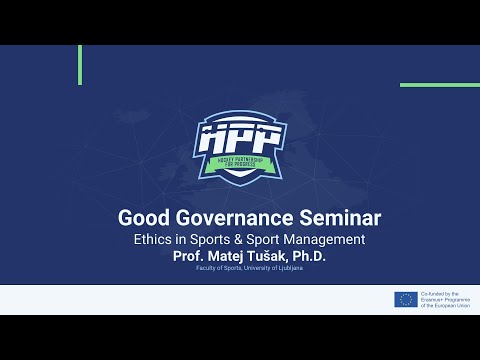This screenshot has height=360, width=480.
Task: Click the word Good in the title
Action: pyautogui.click(x=144, y=216)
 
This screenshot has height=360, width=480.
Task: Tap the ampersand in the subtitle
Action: pyautogui.click(x=238, y=240)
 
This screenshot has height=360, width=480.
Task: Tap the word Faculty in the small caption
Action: pyautogui.click(x=205, y=269)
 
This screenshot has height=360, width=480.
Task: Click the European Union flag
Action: pyautogui.click(x=405, y=299)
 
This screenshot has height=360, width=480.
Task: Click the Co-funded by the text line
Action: pyautogui.click(x=440, y=293)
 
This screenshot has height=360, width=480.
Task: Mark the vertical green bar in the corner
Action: pyautogui.click(x=79, y=64)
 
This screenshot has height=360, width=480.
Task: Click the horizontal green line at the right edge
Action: pyautogui.click(x=439, y=85)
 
